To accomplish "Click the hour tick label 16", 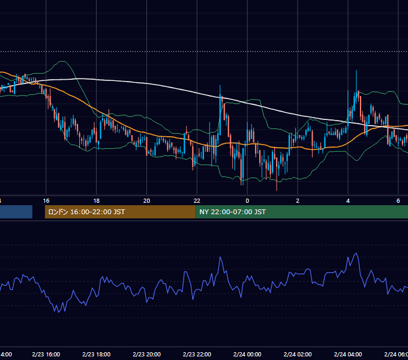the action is (x=46, y=201).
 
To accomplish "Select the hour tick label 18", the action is (x=96, y=201).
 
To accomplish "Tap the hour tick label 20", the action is (x=147, y=201).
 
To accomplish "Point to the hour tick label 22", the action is (x=197, y=201).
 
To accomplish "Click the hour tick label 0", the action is (x=247, y=201).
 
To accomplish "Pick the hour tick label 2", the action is (x=298, y=201).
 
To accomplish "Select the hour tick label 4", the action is (x=348, y=201).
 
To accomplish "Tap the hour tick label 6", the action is (x=398, y=201).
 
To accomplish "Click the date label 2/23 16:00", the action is (x=46, y=354).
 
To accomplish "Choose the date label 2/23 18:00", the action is (x=96, y=354).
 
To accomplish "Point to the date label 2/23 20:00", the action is (x=147, y=354).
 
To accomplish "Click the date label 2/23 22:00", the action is (x=197, y=354).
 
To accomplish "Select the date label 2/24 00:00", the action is (x=247, y=354).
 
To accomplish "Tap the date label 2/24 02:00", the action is (x=298, y=354).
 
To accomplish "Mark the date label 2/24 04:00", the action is (x=348, y=354).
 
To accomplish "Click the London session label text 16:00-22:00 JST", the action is (x=98, y=212).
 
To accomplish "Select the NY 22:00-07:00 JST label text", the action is (x=233, y=212).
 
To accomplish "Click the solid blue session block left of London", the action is (x=16, y=212).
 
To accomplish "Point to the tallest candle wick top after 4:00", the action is (x=356, y=70).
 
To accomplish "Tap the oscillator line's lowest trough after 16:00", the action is (x=59, y=313).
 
